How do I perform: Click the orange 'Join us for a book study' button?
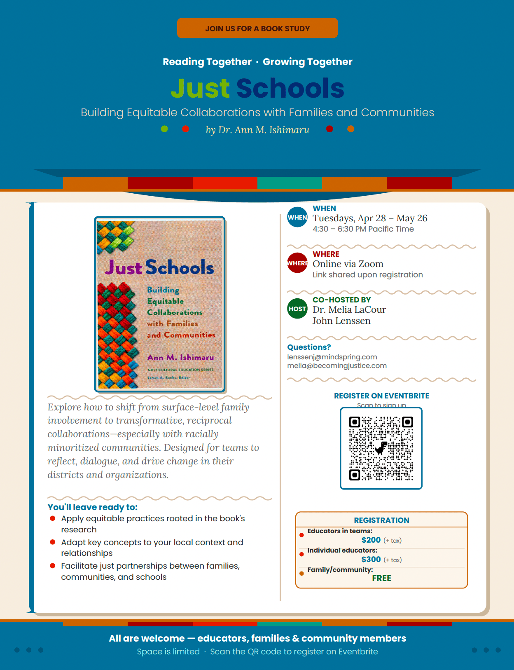[257, 28]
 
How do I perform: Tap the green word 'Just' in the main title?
[200, 88]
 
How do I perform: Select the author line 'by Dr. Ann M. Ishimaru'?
[257, 130]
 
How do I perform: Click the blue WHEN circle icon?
[297, 217]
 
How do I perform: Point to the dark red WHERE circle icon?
[297, 263]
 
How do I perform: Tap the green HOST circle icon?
[297, 309]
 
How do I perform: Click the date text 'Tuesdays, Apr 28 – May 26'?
[370, 218]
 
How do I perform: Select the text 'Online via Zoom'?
[348, 264]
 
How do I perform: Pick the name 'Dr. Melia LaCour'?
[349, 309]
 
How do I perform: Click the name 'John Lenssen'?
[341, 321]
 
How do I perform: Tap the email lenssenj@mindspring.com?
[332, 357]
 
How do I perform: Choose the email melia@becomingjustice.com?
[337, 365]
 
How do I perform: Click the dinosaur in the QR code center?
[381, 447]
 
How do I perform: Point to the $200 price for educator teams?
[371, 540]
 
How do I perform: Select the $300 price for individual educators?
[371, 559]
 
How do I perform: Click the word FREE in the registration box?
[381, 578]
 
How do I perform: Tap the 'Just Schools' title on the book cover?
[159, 267]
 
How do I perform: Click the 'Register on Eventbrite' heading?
[381, 396]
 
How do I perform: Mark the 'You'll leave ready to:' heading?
[93, 507]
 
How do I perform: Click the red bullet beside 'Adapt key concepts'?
[53, 542]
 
